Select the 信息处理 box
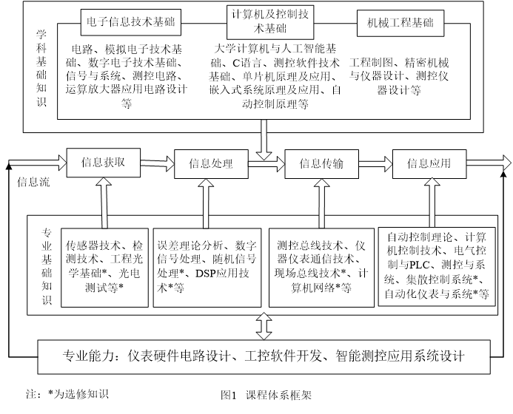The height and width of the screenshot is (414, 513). point(210,164)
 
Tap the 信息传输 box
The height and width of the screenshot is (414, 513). point(321,164)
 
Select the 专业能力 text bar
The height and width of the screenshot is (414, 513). point(264,356)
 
